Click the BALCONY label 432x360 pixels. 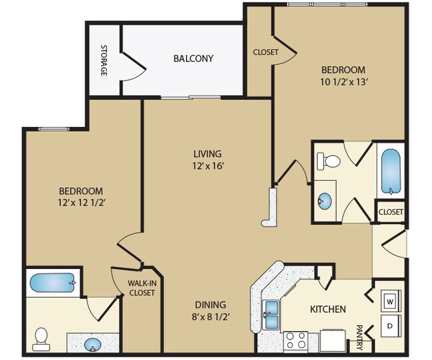coord(193,58)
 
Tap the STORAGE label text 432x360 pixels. coord(104,60)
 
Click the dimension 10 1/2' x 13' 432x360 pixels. coord(344,82)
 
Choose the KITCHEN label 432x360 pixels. coord(328,309)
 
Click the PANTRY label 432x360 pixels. coord(359,337)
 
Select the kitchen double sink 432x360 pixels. coord(272,315)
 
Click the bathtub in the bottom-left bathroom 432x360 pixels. coord(53,284)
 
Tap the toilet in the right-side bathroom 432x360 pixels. coord(329,160)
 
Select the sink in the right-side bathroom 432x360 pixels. coord(326,201)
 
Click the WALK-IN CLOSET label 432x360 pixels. coord(142,288)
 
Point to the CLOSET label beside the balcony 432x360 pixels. coord(265,52)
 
